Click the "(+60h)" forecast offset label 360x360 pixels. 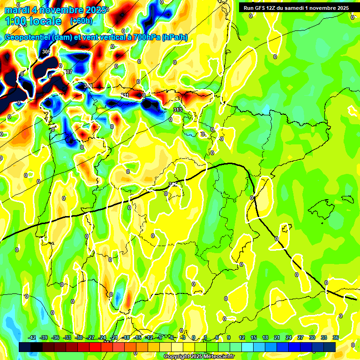(81, 21)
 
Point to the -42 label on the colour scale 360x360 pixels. (32, 337)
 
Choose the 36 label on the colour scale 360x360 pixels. (336, 337)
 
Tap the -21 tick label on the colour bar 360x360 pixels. (114, 337)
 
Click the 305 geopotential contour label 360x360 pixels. (46, 52)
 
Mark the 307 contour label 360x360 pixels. (68, 72)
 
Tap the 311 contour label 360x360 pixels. (125, 96)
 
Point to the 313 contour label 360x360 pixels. (177, 110)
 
